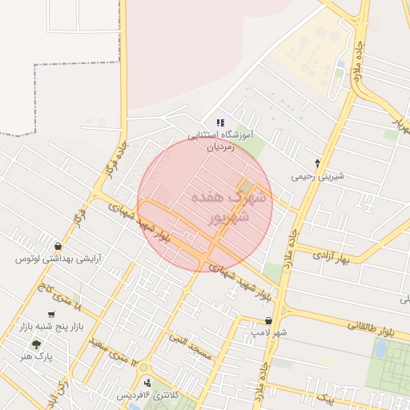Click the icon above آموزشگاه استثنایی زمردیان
(x=220, y=123)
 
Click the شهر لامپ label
(x=267, y=332)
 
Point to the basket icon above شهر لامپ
(x=267, y=320)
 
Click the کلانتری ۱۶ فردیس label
(x=148, y=396)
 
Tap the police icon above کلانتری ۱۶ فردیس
(x=147, y=382)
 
